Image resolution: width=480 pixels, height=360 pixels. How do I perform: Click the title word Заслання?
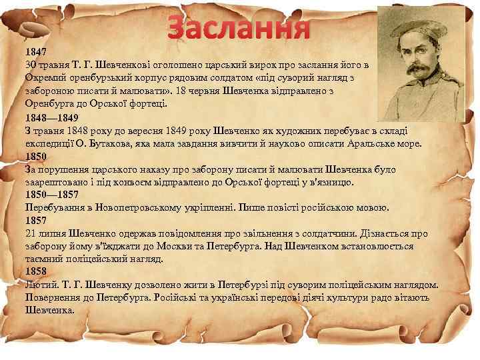point(239,27)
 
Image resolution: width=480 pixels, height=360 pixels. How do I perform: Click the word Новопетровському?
point(137,208)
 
